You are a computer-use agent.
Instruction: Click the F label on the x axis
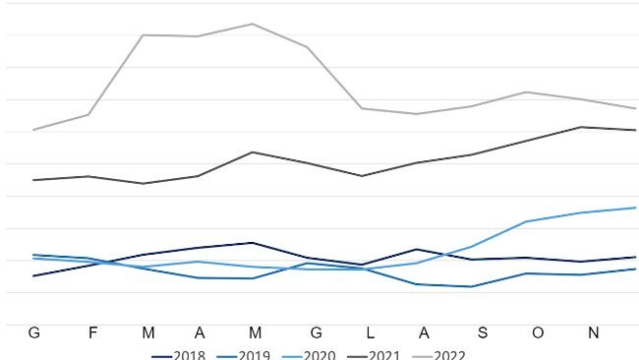93,332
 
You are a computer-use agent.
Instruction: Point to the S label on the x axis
482,332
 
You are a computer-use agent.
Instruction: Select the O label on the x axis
537,332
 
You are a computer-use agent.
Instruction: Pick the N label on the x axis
593,332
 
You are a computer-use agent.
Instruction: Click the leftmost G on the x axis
34,332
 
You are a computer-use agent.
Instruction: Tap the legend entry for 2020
319,355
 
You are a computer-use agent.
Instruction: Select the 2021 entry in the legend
384,355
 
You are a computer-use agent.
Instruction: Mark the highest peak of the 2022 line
253,24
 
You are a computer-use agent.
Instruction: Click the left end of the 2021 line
33,180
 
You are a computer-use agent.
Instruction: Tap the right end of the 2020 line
636,208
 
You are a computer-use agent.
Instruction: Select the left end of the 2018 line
33,276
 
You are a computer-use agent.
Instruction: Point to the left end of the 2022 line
33,130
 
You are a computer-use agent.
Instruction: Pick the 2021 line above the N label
593,128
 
